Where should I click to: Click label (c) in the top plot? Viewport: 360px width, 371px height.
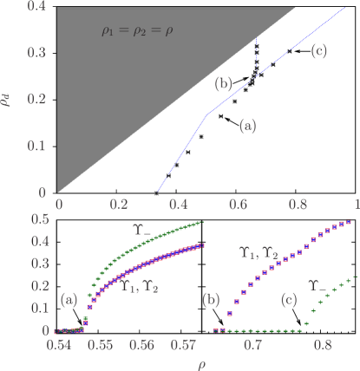318,51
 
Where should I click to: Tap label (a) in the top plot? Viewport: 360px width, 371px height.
247,126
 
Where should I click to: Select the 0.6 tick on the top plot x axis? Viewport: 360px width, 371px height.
238,202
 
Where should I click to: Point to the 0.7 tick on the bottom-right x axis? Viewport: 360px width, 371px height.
252,344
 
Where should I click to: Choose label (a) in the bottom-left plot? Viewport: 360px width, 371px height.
69,300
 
